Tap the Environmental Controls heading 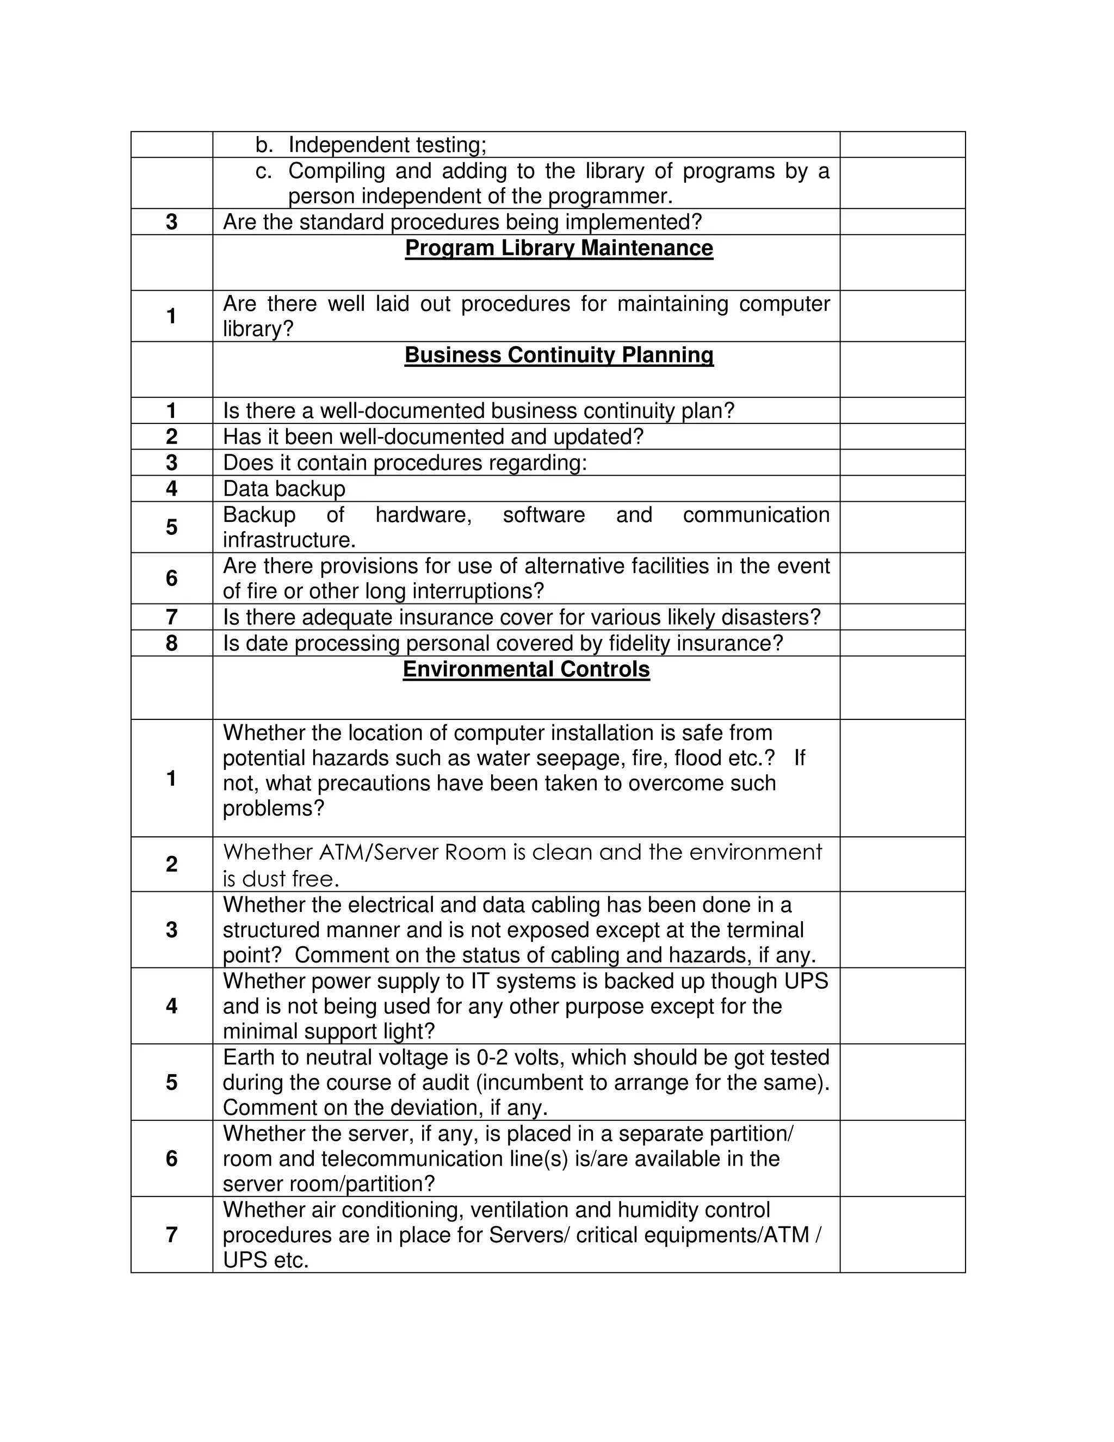(526, 669)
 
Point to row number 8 (171, 643)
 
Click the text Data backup (284, 489)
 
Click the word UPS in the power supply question (806, 981)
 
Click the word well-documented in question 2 (368, 437)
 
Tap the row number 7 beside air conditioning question (171, 1235)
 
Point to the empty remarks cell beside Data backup (902, 489)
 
